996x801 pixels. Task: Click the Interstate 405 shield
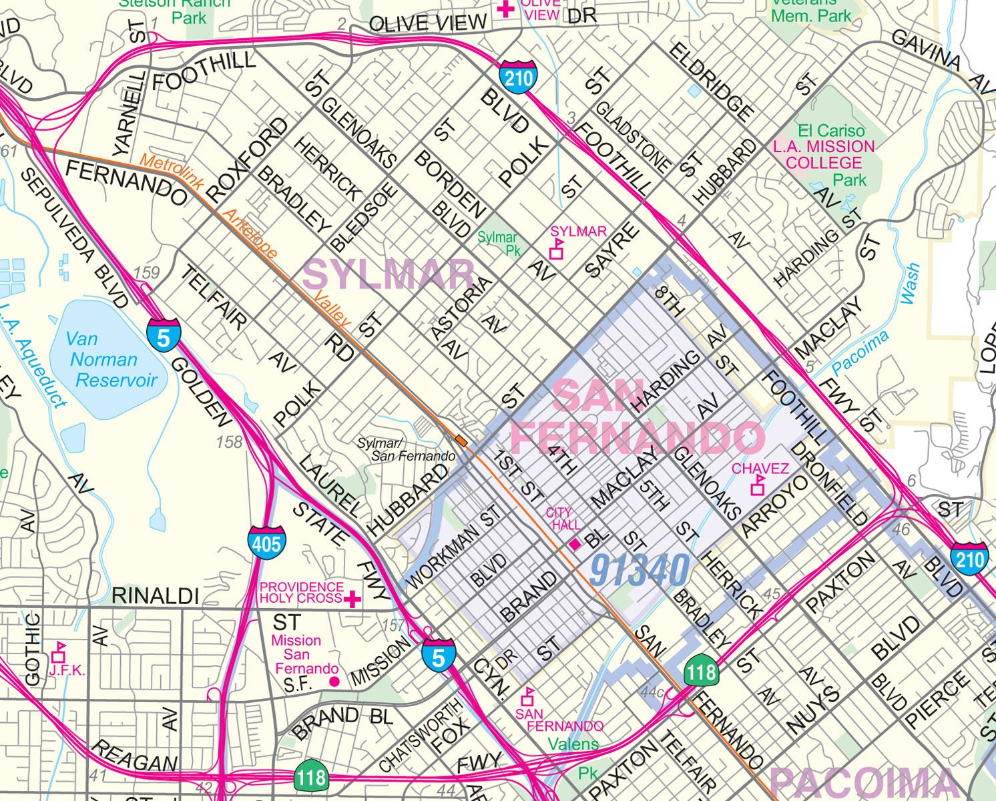coord(267,542)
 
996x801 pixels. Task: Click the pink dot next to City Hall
coord(574,545)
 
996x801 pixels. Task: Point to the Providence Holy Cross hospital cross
coord(352,598)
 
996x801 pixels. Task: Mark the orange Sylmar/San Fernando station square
coord(461,440)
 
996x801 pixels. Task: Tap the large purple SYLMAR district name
coord(389,274)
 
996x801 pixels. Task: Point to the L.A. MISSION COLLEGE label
coord(824,154)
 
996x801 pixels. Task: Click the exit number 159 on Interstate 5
coord(146,273)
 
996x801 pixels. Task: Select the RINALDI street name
coord(155,595)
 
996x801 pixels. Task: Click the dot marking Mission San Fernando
coord(334,682)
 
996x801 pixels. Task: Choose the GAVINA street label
coord(927,50)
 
